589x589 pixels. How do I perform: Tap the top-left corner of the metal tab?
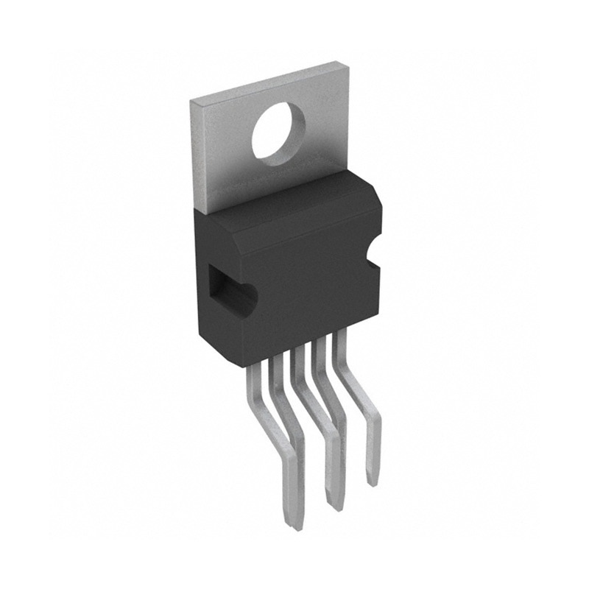coord(192,98)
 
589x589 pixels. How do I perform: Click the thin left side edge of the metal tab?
coord(194,155)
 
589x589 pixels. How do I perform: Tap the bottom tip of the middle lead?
coord(335,507)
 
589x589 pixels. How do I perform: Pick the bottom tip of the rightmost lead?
coord(373,482)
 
